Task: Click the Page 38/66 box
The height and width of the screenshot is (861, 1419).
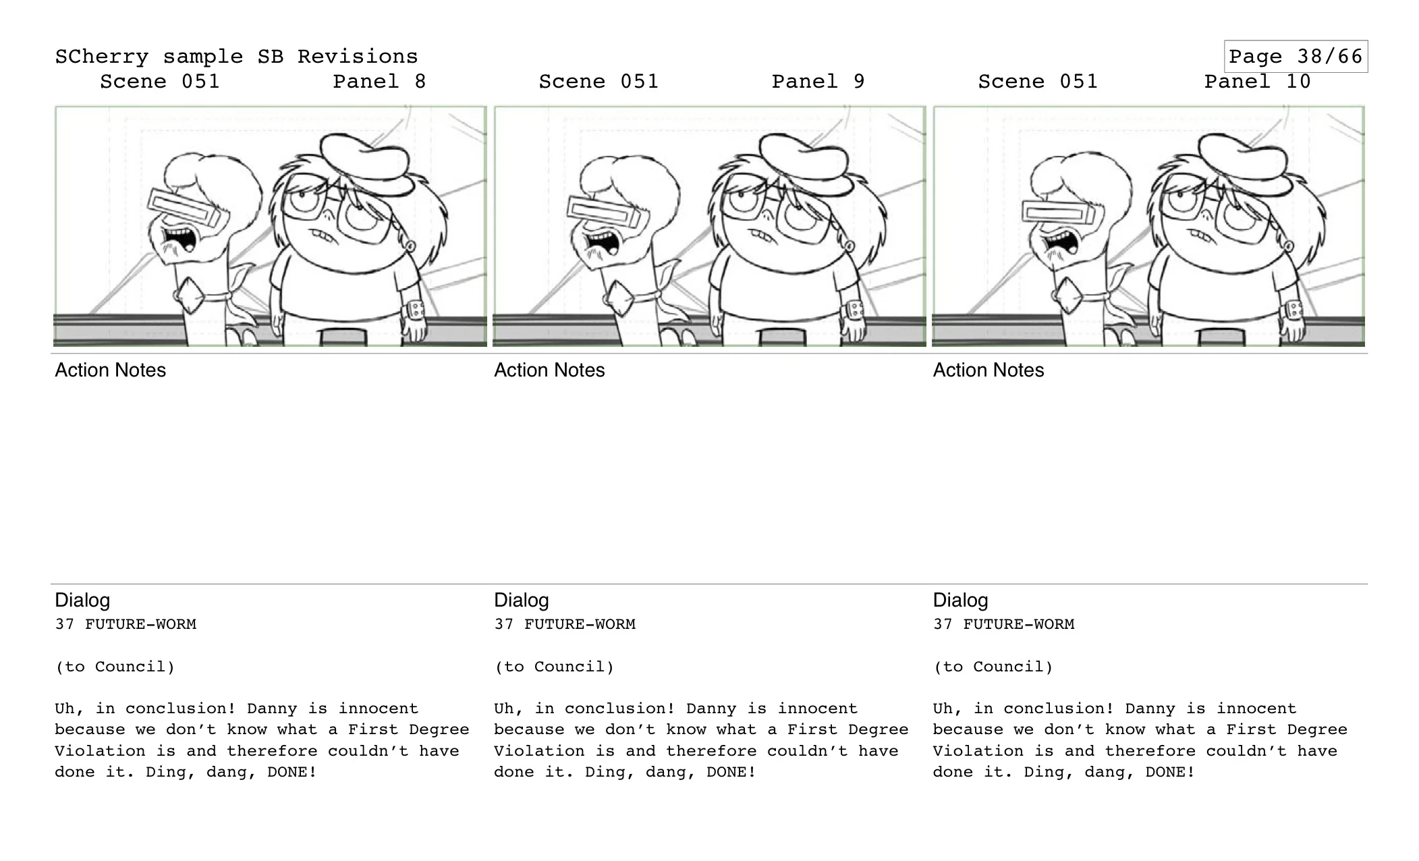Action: (1295, 56)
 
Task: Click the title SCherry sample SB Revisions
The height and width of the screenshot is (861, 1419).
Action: (236, 57)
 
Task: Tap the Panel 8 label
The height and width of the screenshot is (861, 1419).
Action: (379, 82)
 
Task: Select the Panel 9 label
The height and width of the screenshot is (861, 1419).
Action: (818, 82)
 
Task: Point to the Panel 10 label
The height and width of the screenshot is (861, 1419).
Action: (1257, 82)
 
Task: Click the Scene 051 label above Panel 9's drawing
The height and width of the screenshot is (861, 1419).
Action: (598, 82)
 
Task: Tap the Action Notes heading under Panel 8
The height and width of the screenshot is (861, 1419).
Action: (110, 370)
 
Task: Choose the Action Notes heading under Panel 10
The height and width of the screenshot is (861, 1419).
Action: (988, 370)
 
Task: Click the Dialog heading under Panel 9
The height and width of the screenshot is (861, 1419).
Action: (521, 600)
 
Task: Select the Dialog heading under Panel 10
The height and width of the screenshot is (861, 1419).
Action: (960, 600)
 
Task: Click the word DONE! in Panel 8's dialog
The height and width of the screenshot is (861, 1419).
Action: (291, 772)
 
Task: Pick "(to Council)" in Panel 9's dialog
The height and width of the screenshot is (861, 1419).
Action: (554, 667)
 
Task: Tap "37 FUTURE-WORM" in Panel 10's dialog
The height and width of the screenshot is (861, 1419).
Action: (1003, 624)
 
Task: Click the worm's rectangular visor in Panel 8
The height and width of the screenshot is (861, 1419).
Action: (184, 208)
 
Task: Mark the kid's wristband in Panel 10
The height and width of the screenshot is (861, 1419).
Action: (1293, 311)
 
